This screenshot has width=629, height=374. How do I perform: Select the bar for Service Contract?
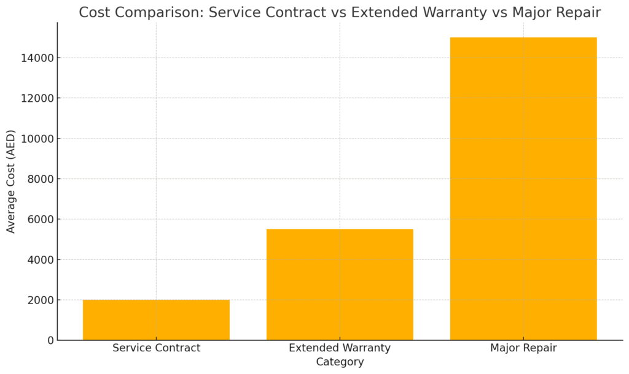[156, 319]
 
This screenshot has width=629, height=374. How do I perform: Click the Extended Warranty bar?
[340, 284]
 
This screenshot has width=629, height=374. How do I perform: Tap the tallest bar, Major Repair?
[523, 189]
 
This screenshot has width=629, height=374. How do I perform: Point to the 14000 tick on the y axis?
[37, 58]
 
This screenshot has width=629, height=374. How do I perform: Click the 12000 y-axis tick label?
[37, 98]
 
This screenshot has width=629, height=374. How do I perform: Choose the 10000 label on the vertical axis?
[37, 139]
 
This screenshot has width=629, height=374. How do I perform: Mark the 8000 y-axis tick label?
[40, 179]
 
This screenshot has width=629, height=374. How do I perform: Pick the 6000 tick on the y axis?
[40, 219]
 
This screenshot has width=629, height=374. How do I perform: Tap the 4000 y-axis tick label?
[40, 259]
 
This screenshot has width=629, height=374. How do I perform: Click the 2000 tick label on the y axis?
[40, 300]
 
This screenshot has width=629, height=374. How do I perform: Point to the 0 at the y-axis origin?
[51, 340]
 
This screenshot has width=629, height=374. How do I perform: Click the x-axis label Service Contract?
[156, 348]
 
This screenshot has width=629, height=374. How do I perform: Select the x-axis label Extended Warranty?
[340, 348]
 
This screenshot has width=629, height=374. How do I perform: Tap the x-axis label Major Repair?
[523, 348]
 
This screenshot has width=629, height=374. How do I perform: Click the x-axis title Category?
[340, 362]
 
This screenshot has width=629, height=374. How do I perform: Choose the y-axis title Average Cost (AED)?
[11, 181]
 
